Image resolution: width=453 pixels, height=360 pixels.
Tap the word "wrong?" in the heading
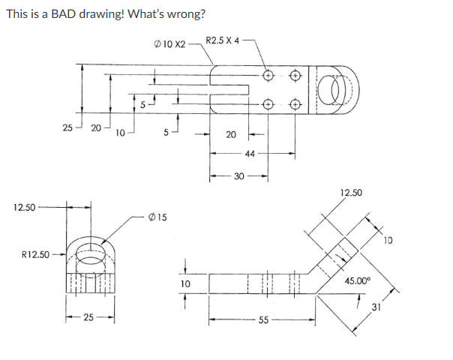(184, 13)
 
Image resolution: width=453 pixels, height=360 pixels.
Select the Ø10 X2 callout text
(169, 44)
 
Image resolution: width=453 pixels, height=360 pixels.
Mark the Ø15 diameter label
(157, 217)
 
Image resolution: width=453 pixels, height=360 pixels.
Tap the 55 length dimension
(262, 320)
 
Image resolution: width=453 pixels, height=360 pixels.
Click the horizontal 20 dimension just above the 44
(231, 135)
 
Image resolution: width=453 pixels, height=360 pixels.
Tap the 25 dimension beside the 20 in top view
(67, 127)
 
